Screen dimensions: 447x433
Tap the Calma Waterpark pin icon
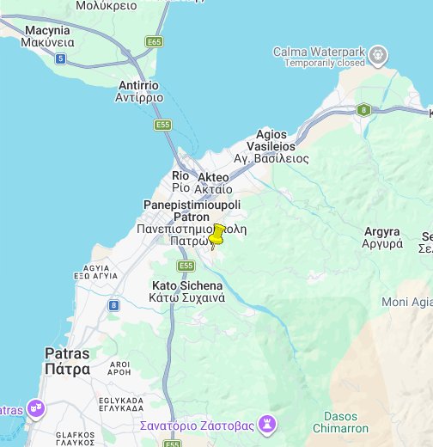(x=378, y=57)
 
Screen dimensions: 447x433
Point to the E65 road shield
(x=155, y=41)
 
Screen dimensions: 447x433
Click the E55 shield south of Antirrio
(x=163, y=126)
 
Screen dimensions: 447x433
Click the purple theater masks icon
(x=35, y=407)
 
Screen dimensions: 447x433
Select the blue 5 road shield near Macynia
(x=60, y=58)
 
